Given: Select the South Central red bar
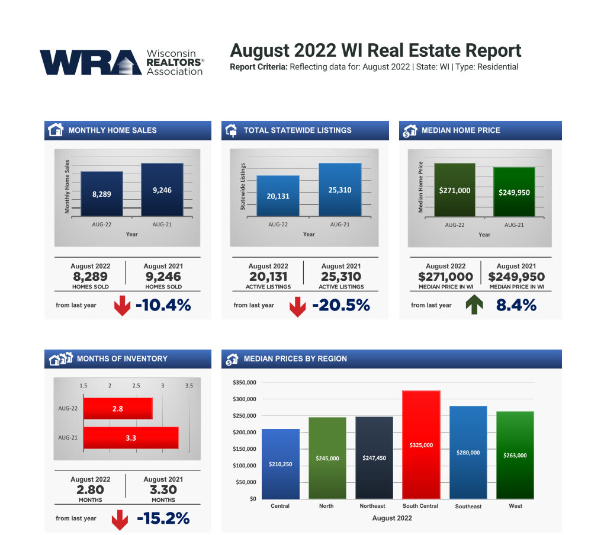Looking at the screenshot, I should point(420,444).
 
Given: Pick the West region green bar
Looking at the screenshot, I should point(515,454).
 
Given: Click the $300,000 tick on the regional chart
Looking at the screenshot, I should point(243,399).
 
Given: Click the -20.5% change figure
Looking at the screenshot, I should point(340,305).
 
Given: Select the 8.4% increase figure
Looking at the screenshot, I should point(516,305).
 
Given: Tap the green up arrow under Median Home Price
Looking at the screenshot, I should point(474,305).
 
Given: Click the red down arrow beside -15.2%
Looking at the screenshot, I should point(120,519).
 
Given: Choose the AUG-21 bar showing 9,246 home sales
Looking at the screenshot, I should point(162,190).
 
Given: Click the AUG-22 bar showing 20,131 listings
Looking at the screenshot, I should point(278,196).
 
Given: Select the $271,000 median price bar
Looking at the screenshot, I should point(455,190).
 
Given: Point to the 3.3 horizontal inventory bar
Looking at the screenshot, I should point(131,438).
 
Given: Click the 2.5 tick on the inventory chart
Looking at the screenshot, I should point(136,386).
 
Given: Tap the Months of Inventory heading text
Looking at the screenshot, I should point(122,358).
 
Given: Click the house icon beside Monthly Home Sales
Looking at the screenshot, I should point(55,130).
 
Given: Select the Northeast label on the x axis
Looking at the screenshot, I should point(372,506).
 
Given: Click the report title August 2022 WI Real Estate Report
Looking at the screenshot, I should point(375,50).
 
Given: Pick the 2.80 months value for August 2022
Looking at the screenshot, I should point(90,490).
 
